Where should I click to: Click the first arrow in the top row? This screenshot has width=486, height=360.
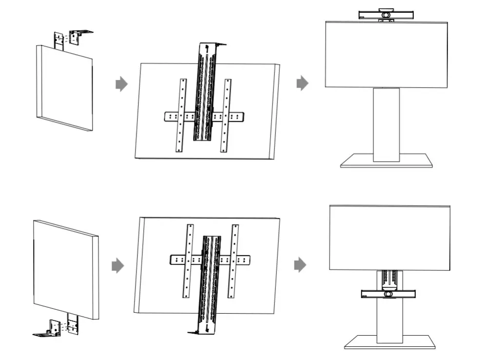121,84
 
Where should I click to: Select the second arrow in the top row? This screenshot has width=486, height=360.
302,82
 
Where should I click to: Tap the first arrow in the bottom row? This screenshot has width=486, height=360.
117,265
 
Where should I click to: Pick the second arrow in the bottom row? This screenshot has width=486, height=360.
300,265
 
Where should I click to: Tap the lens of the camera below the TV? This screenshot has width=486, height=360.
389,294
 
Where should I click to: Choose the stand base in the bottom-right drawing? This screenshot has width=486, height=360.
389,342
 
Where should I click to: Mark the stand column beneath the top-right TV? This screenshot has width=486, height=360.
386,124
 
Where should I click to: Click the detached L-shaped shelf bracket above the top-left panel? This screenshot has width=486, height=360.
78,36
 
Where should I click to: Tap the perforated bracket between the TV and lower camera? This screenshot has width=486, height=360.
389,279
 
